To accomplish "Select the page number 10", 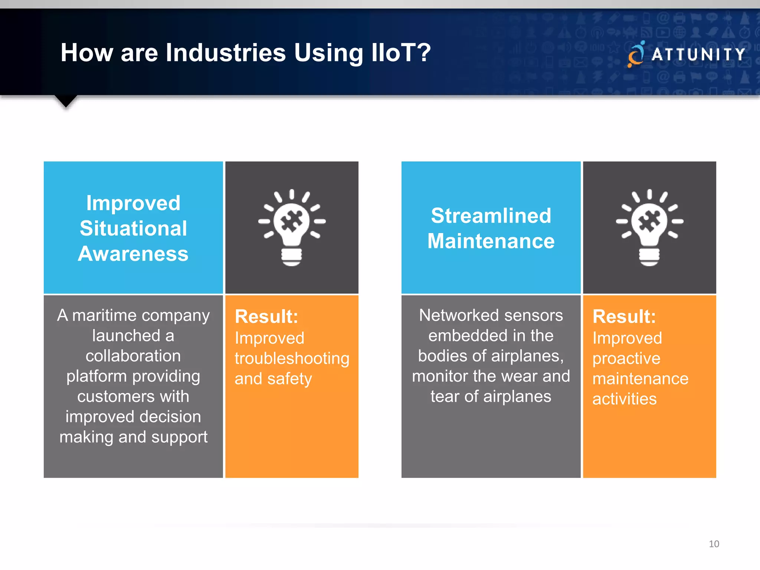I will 714,544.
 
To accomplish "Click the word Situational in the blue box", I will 133,228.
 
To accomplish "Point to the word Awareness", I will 133,254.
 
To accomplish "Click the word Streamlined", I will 491,216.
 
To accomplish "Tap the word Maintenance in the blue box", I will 491,241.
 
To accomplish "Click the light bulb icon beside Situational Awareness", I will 292,227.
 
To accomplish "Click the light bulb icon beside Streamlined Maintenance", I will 649,227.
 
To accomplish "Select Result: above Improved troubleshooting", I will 266,317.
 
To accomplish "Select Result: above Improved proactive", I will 624,317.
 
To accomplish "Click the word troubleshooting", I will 292,358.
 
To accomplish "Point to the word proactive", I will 626,358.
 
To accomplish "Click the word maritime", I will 105,315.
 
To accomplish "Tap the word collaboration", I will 133,356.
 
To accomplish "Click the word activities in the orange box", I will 624,399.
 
